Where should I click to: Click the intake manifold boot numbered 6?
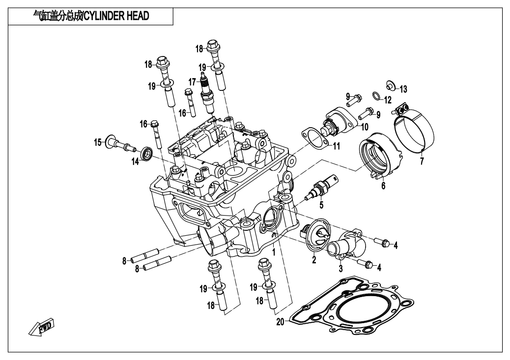pos(381,155)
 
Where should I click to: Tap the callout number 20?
pos(280,323)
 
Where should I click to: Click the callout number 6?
pos(383,186)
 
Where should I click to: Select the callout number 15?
pos(98,143)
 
